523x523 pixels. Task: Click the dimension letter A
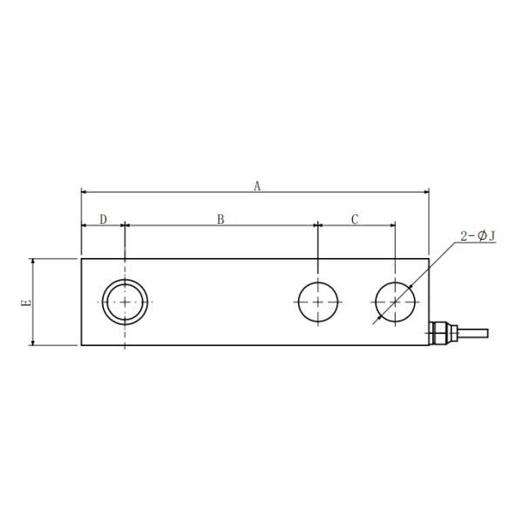256,185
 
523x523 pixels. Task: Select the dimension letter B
221,219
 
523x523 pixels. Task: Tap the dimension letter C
355,219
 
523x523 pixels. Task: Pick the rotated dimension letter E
26,302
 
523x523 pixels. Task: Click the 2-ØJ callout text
477,236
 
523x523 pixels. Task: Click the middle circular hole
319,302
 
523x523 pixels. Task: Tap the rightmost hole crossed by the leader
396,302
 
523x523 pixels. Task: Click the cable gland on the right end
442,332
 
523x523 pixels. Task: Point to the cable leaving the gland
471,332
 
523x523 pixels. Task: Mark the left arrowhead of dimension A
85,192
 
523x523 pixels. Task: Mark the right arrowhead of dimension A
425,192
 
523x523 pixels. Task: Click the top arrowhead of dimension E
33,261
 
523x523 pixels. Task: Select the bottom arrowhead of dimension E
33,343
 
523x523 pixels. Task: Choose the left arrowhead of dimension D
85,225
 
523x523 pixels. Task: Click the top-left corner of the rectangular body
81,258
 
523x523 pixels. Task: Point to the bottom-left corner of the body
81,346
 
